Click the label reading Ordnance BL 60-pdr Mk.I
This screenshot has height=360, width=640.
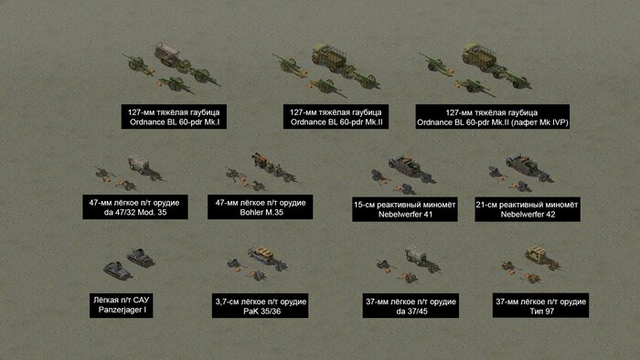(x=174, y=117)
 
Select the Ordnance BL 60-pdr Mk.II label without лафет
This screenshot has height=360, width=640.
(x=336, y=117)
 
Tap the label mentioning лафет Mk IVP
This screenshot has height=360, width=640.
(x=493, y=117)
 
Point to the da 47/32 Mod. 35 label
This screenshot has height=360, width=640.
(x=135, y=207)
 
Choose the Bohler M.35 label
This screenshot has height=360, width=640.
(x=261, y=207)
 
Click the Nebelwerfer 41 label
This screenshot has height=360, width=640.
(x=405, y=209)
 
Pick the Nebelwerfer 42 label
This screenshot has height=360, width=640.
(x=528, y=209)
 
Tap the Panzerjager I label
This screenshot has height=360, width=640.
(x=122, y=305)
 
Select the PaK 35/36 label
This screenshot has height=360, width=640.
(x=260, y=306)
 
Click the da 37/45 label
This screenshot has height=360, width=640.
(x=411, y=306)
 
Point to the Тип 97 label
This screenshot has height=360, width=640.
(x=541, y=305)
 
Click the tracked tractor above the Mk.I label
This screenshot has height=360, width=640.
(x=167, y=55)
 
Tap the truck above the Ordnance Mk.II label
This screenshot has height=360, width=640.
(x=329, y=58)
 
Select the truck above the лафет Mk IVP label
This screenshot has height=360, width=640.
(x=479, y=57)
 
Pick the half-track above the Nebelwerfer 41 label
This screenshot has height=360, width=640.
(x=405, y=165)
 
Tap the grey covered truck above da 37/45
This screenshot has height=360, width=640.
(x=416, y=257)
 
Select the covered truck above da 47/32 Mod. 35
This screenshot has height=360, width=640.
(x=139, y=164)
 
